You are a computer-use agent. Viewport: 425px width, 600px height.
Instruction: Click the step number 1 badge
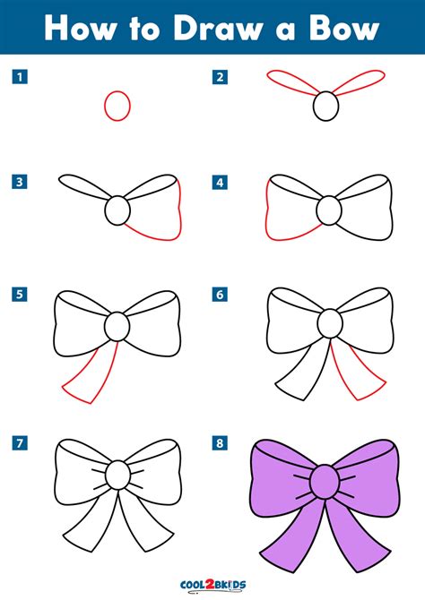(19, 78)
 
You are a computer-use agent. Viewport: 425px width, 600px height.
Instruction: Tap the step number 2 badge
(219, 78)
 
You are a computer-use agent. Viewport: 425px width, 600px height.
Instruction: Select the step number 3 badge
(19, 183)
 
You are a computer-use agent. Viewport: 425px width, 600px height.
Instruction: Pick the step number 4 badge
(219, 183)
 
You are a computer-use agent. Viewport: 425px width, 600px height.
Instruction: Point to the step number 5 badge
(19, 293)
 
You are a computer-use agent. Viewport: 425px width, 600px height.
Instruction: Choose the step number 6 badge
(219, 293)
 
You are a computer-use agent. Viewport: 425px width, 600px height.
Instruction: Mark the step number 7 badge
(19, 442)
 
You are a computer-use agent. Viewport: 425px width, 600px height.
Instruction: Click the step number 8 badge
(219, 442)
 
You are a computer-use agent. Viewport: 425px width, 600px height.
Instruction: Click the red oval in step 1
(117, 106)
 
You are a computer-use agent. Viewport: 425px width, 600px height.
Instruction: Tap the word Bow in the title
(343, 29)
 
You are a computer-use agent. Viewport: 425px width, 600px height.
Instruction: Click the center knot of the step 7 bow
(118, 474)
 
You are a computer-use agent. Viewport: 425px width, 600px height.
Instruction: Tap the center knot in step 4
(329, 211)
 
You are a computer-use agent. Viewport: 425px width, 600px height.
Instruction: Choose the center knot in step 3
(118, 211)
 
